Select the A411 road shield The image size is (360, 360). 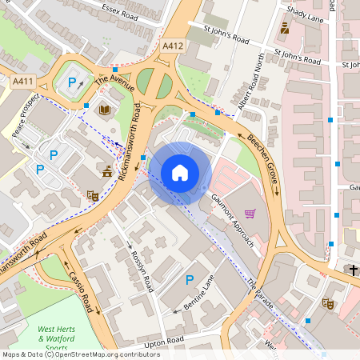point(23,81)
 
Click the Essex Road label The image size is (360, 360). point(120,9)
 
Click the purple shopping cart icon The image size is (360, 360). point(250,214)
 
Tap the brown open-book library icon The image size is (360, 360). point(105,109)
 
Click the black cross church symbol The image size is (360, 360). point(353,270)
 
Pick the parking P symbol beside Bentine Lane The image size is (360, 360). point(190,279)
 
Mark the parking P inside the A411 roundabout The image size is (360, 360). point(73,82)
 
